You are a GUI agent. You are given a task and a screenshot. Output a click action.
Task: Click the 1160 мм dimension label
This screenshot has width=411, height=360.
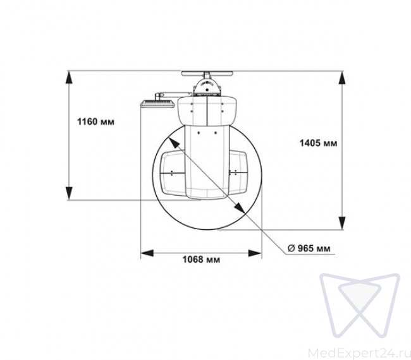[95, 122]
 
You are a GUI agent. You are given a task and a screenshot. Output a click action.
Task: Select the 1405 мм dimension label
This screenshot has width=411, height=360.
[318, 143]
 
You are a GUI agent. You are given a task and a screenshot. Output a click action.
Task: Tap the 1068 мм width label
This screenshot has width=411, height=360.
[201, 260]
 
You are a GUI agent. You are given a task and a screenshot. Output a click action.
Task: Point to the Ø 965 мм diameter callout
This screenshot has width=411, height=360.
[309, 248]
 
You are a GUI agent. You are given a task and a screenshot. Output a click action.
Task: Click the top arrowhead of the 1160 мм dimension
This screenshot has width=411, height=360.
[69, 77]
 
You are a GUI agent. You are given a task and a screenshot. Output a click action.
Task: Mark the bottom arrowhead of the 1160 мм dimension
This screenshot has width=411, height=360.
[69, 193]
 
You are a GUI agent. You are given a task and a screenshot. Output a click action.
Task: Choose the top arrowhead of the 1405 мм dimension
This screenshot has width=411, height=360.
[341, 78]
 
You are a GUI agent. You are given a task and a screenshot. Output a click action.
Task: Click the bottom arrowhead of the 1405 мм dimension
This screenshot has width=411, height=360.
[341, 223]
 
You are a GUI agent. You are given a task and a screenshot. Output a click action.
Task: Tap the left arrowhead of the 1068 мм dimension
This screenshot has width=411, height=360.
[147, 253]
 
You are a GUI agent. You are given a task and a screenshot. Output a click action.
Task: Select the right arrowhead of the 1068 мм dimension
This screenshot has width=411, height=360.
[255, 253]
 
